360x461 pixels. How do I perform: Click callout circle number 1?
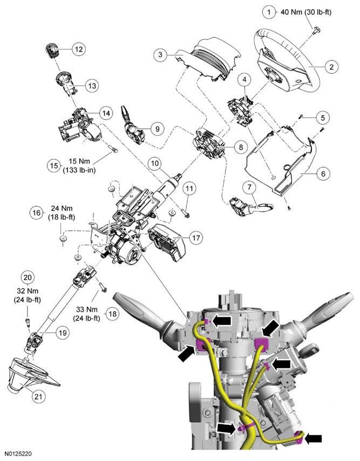click(x=268, y=11)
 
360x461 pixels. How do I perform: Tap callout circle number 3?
click(x=160, y=54)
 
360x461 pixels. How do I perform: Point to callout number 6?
click(x=322, y=174)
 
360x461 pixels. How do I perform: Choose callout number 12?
click(x=78, y=49)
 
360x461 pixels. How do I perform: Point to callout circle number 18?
click(x=112, y=314)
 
